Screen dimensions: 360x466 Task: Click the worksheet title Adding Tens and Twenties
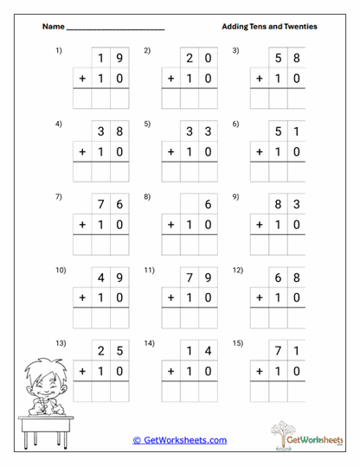click(269, 27)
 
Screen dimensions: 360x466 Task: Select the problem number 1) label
click(59, 50)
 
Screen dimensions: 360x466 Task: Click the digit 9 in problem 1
click(119, 58)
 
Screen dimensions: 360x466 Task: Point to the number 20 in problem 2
click(199, 58)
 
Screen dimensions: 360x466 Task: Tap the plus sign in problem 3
click(259, 79)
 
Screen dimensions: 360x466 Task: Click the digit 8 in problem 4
click(119, 131)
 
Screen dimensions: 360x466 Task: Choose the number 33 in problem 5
click(199, 131)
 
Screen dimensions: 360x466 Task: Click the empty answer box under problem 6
click(287, 171)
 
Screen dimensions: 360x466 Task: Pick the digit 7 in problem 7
click(101, 205)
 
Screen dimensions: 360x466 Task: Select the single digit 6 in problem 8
click(208, 205)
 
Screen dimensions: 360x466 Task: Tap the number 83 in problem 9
click(287, 205)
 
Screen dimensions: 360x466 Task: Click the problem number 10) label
click(61, 270)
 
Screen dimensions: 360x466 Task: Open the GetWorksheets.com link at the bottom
click(179, 440)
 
